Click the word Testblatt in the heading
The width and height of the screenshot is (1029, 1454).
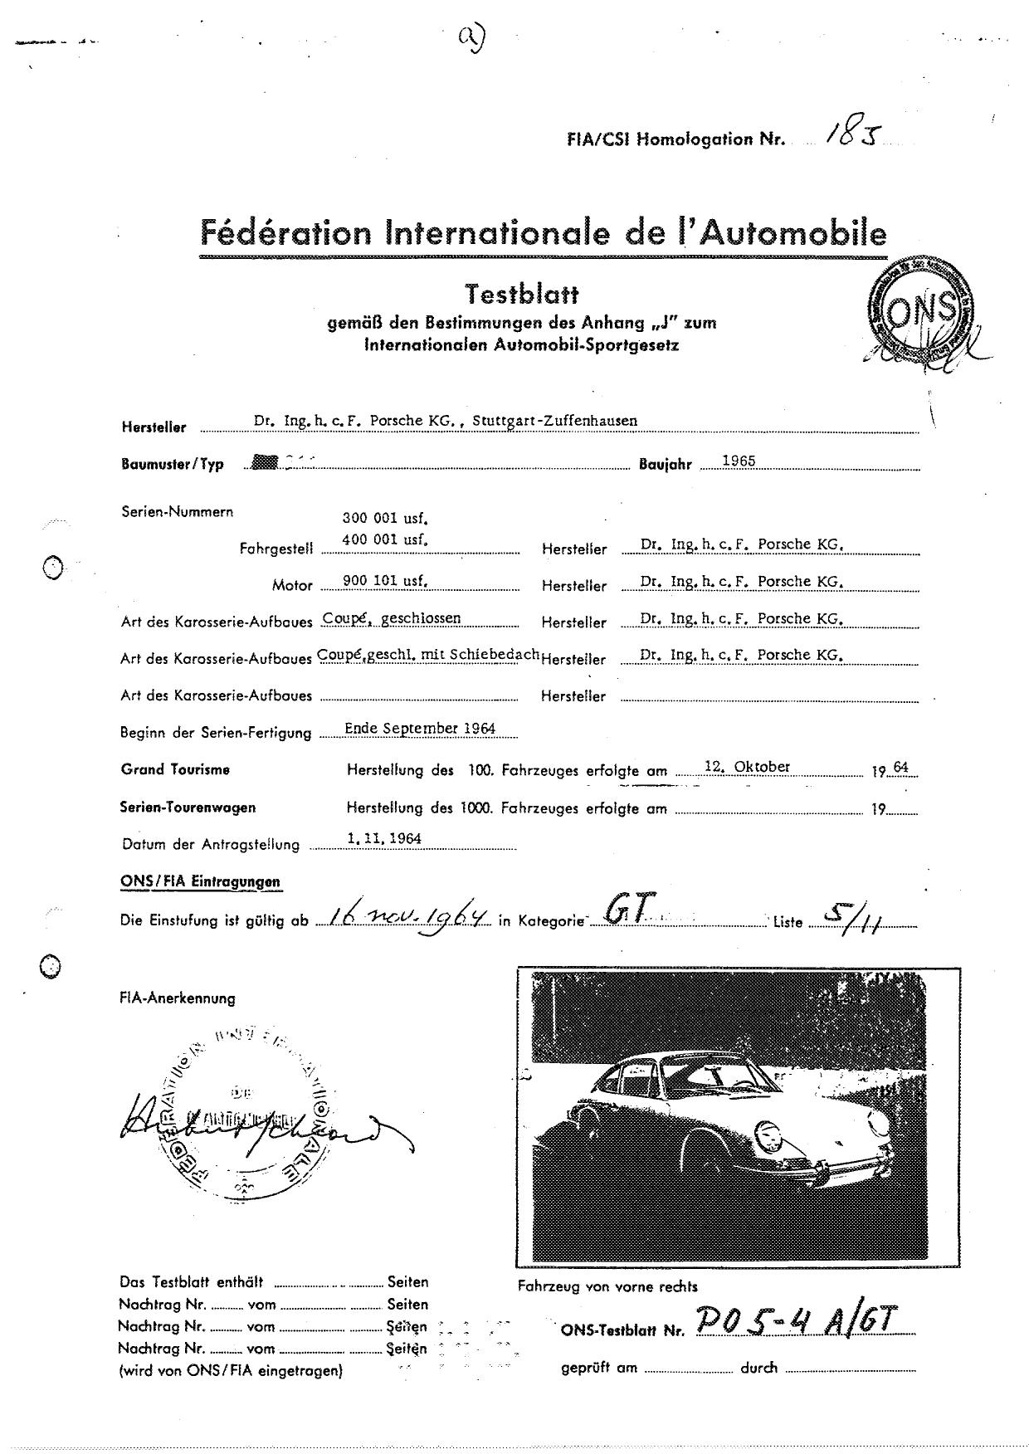click(x=521, y=295)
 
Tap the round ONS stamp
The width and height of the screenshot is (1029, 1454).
click(x=919, y=311)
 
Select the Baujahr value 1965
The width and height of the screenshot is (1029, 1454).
click(x=739, y=461)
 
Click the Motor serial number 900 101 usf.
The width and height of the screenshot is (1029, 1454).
click(x=384, y=581)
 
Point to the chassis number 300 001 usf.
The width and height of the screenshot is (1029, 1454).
click(x=384, y=519)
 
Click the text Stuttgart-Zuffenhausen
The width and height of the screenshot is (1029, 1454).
click(x=554, y=421)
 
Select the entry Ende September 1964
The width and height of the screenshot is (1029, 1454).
click(x=420, y=729)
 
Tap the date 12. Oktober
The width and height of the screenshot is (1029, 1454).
click(x=747, y=767)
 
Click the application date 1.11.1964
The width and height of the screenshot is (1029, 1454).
click(x=384, y=839)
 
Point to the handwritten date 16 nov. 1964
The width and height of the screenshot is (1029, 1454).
click(x=407, y=917)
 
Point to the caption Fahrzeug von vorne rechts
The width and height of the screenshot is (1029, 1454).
click(x=607, y=1286)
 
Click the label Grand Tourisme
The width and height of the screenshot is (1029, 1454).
click(x=175, y=769)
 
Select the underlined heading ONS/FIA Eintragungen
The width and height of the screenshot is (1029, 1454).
click(x=200, y=881)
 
